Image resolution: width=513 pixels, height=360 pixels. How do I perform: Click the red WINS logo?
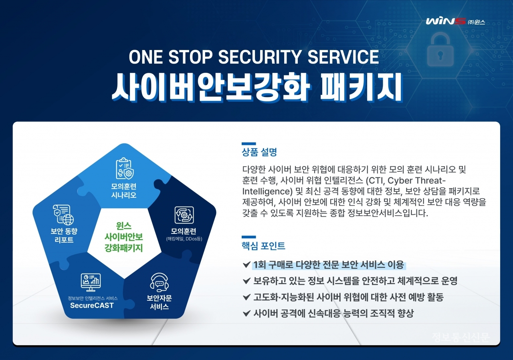(x=446, y=21)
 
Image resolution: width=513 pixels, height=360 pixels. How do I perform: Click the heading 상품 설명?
(x=259, y=152)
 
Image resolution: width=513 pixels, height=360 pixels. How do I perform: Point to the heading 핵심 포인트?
(x=263, y=246)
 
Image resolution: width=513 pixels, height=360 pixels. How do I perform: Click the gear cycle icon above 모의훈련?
(x=184, y=215)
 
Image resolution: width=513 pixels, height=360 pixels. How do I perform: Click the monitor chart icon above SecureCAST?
(x=91, y=282)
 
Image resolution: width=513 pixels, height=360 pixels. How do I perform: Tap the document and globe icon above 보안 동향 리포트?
(x=63, y=215)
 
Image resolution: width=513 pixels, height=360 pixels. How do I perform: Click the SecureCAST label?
(x=92, y=305)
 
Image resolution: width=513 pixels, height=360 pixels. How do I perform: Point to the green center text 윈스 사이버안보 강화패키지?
(x=124, y=237)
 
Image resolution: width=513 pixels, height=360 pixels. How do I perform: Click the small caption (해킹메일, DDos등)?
(x=184, y=239)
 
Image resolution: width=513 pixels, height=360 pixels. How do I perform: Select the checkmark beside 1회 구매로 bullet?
(x=246, y=265)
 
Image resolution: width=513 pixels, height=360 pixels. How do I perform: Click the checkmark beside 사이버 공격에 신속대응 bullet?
(x=246, y=313)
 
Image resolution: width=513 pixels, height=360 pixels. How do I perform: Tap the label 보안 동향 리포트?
(x=64, y=235)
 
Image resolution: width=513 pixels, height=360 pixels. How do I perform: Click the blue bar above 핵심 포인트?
(x=249, y=237)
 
